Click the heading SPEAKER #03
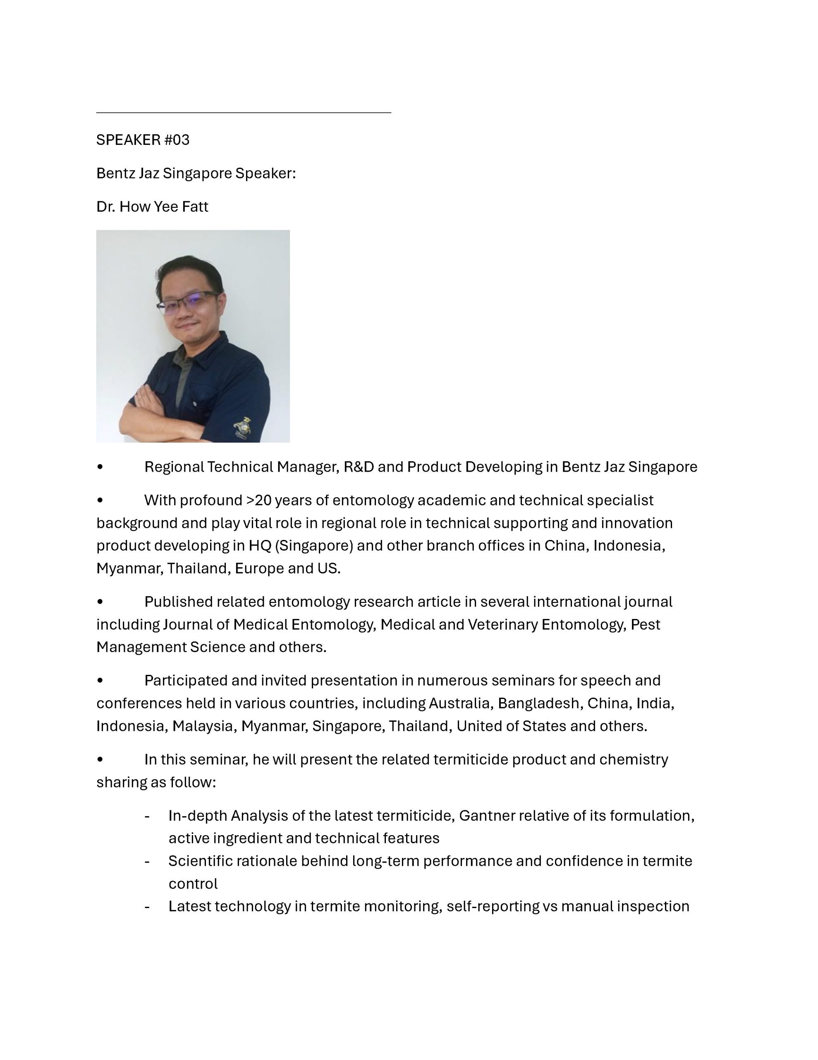point(143,140)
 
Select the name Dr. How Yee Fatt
point(152,207)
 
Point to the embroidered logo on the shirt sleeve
point(242,428)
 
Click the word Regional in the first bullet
point(174,467)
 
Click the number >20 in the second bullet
point(258,500)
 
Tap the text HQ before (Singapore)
point(260,546)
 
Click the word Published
point(178,602)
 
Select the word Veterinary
point(502,625)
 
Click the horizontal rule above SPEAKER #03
point(244,113)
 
